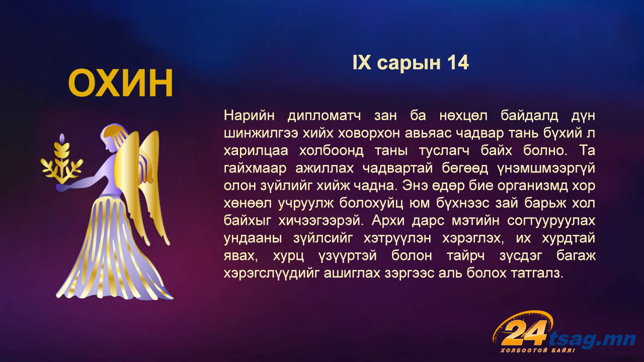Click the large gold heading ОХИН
pos(120,83)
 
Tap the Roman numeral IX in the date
pos(362,63)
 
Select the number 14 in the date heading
pos(458,63)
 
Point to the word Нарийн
pos(249,116)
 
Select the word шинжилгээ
pos(261,134)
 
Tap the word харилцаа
pos(256,151)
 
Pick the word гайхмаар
pos(255,169)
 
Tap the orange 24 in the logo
pos(524,333)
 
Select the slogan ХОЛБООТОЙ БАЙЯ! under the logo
pos(538,350)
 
